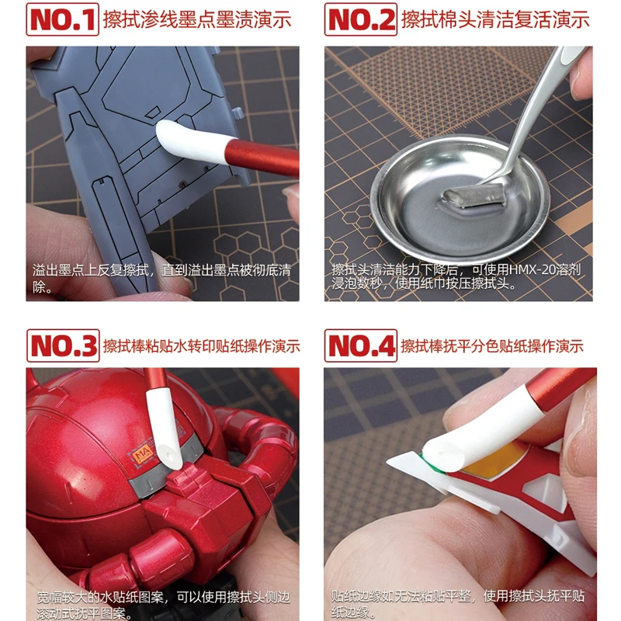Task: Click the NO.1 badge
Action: [x=62, y=19]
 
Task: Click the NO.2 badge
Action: [x=360, y=19]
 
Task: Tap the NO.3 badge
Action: [x=63, y=345]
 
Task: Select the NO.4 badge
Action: [x=360, y=345]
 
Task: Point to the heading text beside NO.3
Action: [x=201, y=346]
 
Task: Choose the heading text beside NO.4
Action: [x=492, y=346]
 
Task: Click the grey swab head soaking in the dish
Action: [x=474, y=196]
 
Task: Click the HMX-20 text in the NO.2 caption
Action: [x=533, y=269]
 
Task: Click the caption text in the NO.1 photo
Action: [x=161, y=278]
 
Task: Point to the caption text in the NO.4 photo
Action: [x=458, y=604]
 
